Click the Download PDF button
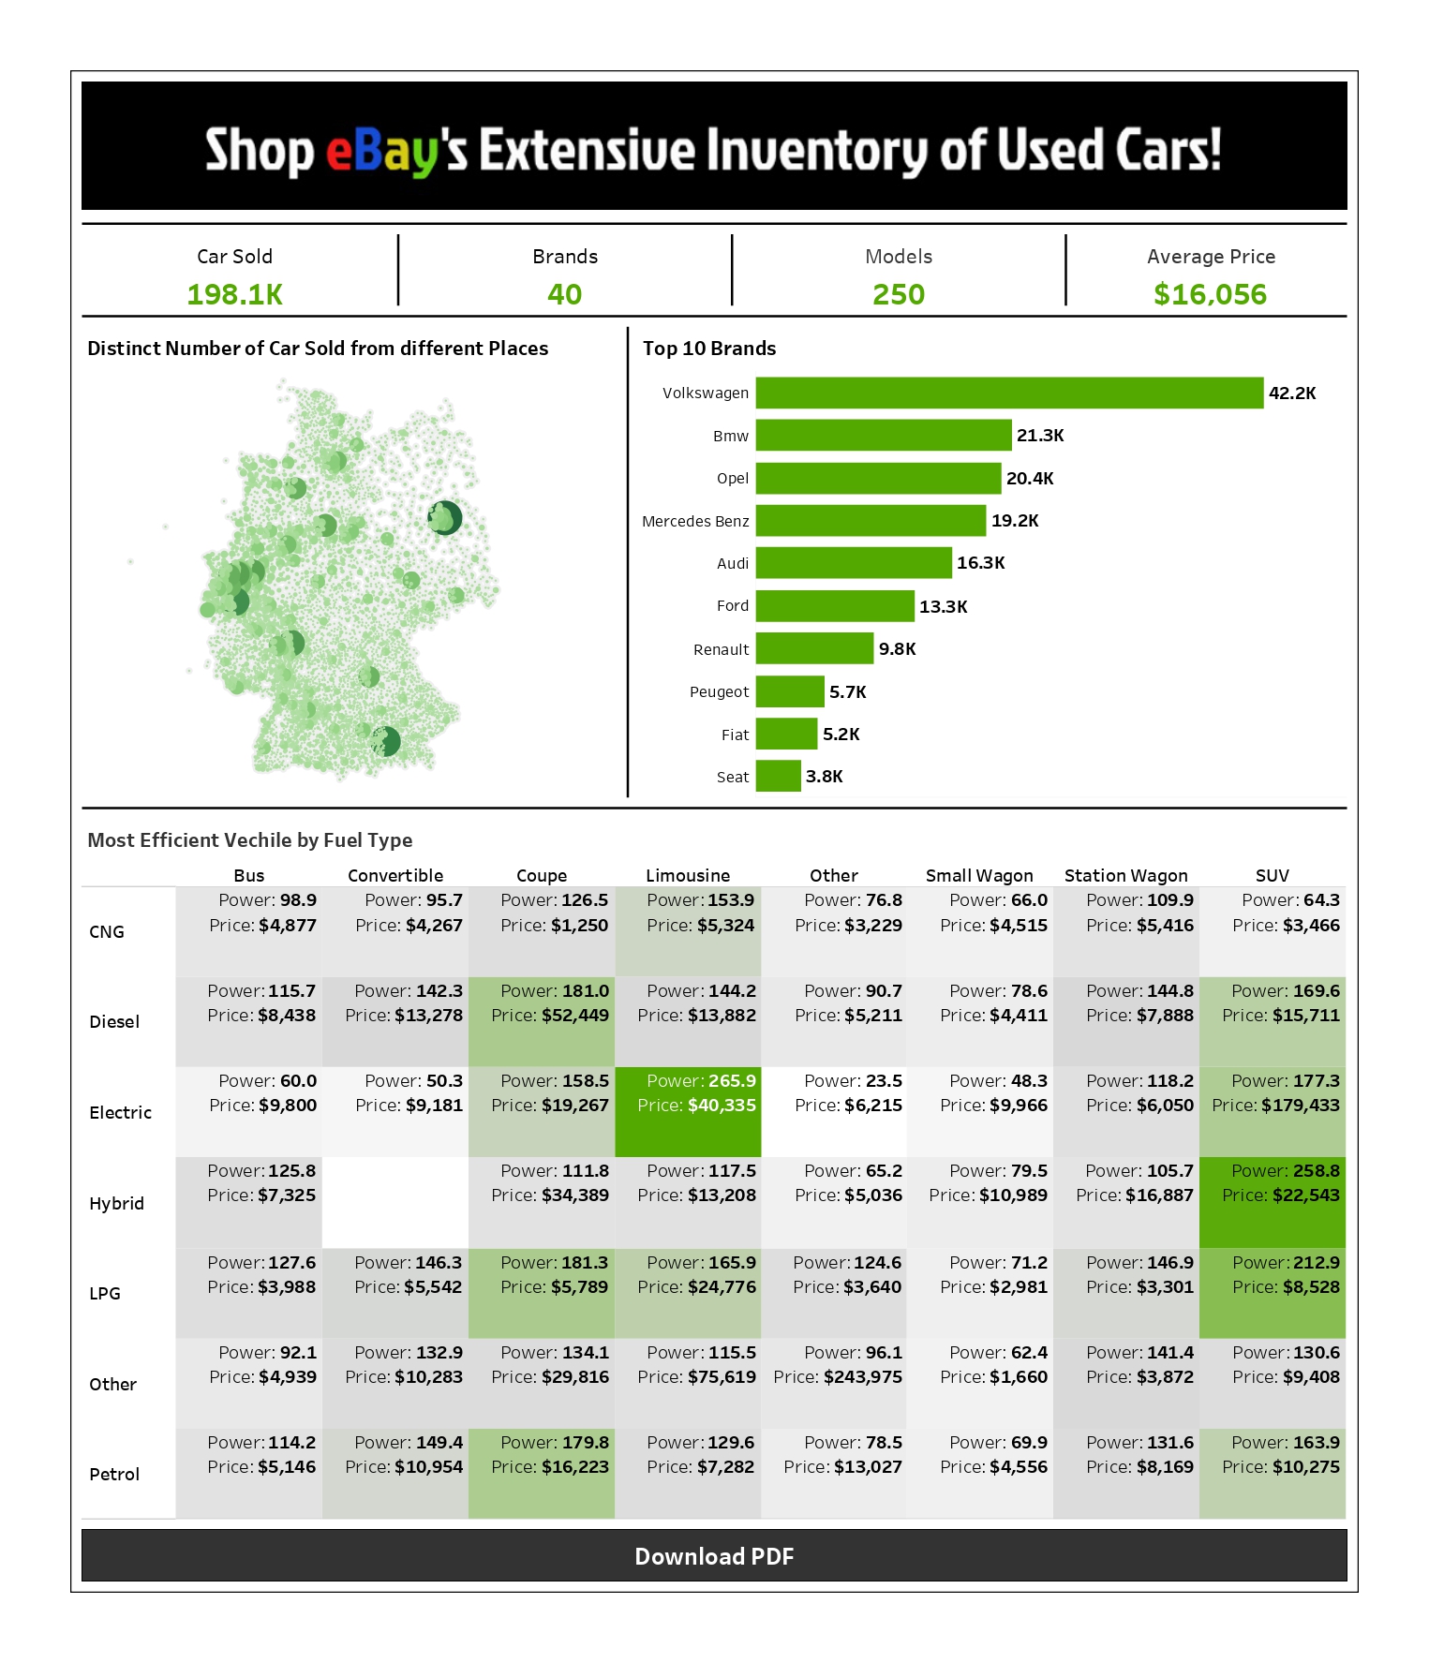714,1555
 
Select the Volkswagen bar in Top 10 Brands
1009,393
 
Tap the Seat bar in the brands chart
778,776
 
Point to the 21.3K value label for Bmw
1040,436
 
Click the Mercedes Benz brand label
695,521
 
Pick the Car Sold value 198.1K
234,294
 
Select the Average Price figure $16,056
1210,294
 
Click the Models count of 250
898,294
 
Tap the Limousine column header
688,875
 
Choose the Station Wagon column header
1125,875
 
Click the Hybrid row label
116,1203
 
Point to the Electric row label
120,1112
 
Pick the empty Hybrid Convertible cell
395,1202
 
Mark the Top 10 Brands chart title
709,349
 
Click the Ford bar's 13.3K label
943,606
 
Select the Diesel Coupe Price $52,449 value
574,1016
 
